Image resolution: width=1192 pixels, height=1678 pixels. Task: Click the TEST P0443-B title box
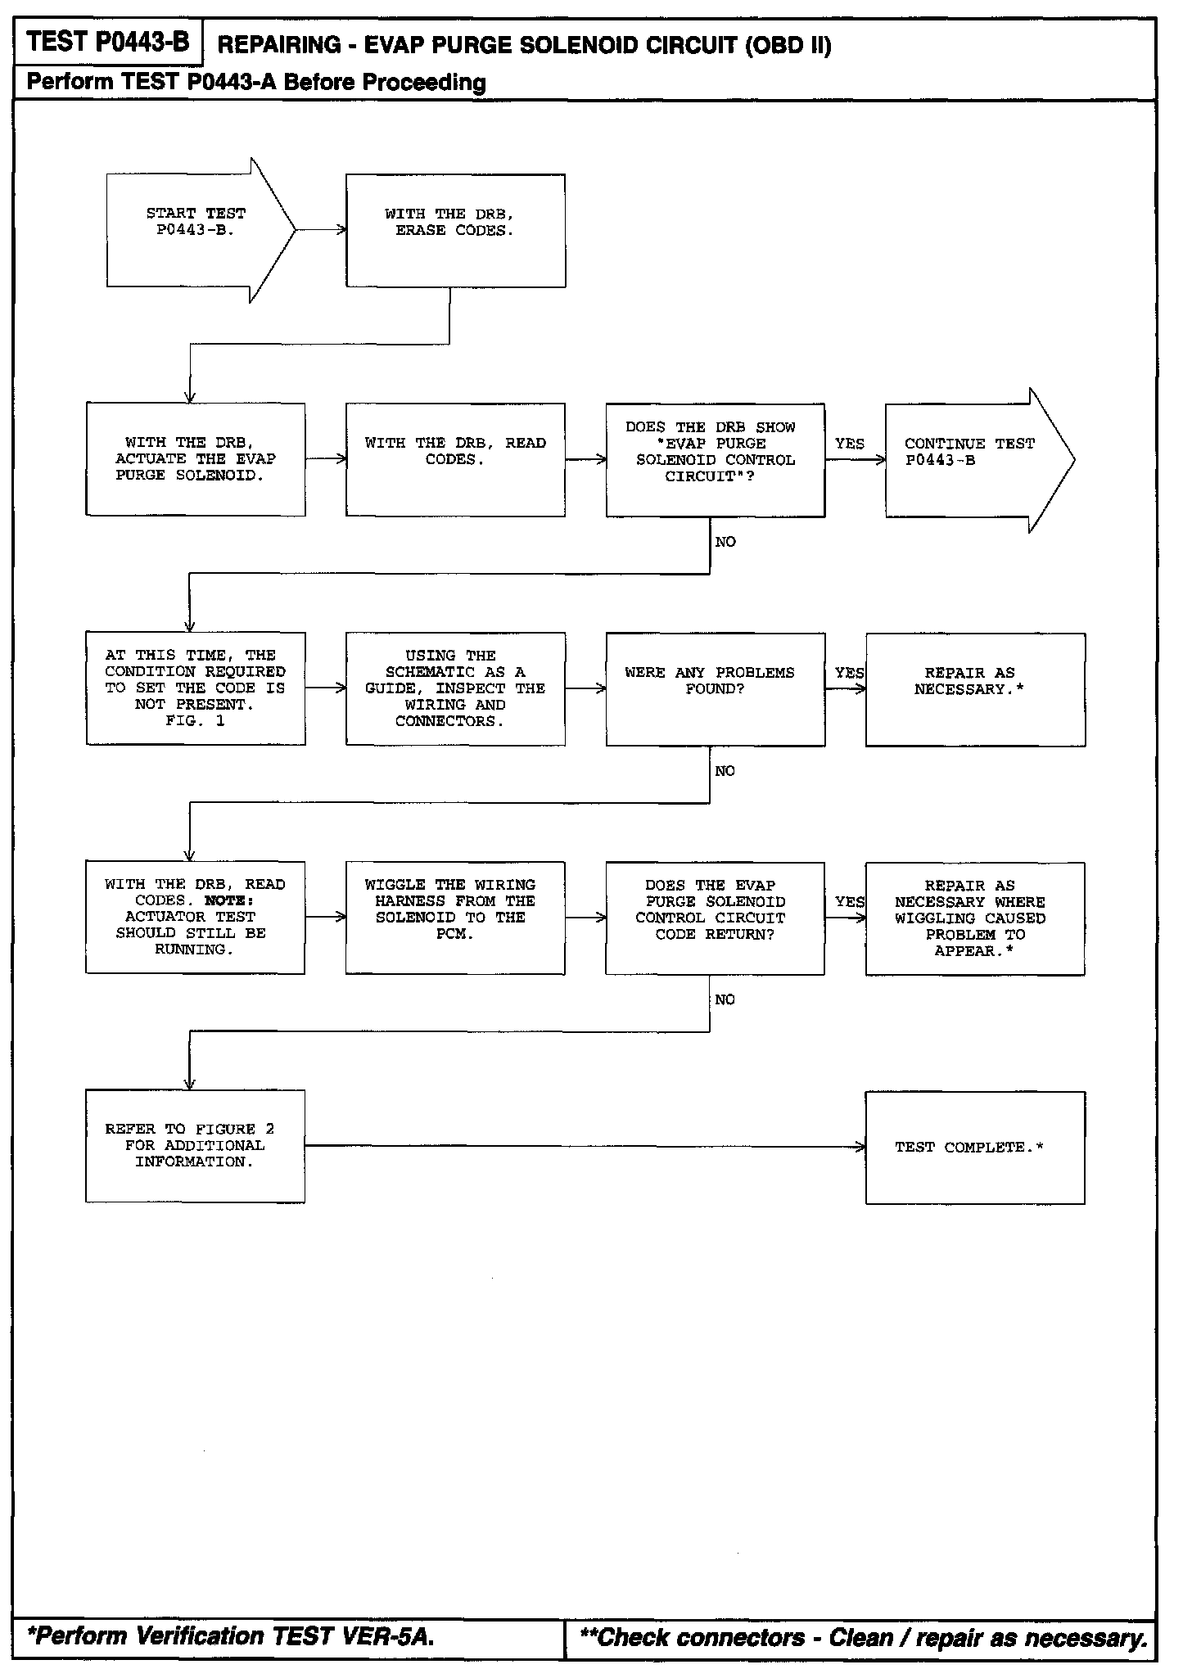pos(107,42)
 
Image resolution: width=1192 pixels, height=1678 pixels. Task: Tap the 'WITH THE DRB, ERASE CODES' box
pos(455,230)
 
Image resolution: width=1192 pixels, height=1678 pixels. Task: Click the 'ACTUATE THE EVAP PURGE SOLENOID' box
pos(196,459)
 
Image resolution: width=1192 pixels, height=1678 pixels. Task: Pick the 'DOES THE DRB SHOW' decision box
pos(715,459)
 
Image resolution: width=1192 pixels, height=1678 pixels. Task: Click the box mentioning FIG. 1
pos(196,688)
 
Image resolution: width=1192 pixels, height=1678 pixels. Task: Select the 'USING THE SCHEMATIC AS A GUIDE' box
pos(455,688)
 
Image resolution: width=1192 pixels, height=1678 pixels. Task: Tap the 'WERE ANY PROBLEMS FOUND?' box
pos(715,688)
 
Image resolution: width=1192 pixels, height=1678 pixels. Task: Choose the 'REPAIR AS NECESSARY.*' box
pos(975,688)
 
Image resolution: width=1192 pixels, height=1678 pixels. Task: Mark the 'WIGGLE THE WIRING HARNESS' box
pos(454,918)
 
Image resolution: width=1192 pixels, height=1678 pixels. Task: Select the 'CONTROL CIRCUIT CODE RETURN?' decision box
pos(715,918)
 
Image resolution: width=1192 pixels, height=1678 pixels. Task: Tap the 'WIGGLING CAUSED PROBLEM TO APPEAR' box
pos(974,918)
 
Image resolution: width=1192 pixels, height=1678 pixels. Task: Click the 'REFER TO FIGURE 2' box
pos(195,1146)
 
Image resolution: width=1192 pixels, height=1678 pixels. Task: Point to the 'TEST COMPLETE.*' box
pos(974,1147)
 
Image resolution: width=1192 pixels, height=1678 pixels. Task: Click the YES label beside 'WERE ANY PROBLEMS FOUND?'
pos(849,673)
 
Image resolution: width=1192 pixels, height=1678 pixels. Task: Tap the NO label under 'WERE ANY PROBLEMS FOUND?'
pos(725,771)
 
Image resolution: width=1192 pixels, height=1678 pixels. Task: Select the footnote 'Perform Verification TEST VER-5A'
pos(231,1636)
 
